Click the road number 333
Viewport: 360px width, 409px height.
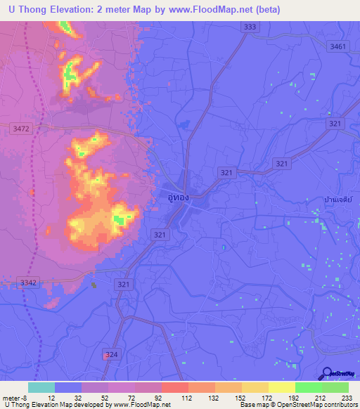click(249, 27)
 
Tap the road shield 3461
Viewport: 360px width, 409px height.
click(338, 46)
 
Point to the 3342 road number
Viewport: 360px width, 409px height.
click(29, 282)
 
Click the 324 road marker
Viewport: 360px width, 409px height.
click(110, 355)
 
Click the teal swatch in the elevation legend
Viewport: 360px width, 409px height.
click(41, 387)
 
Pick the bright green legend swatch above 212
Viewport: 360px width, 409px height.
click(309, 387)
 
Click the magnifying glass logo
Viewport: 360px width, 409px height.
click(328, 372)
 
